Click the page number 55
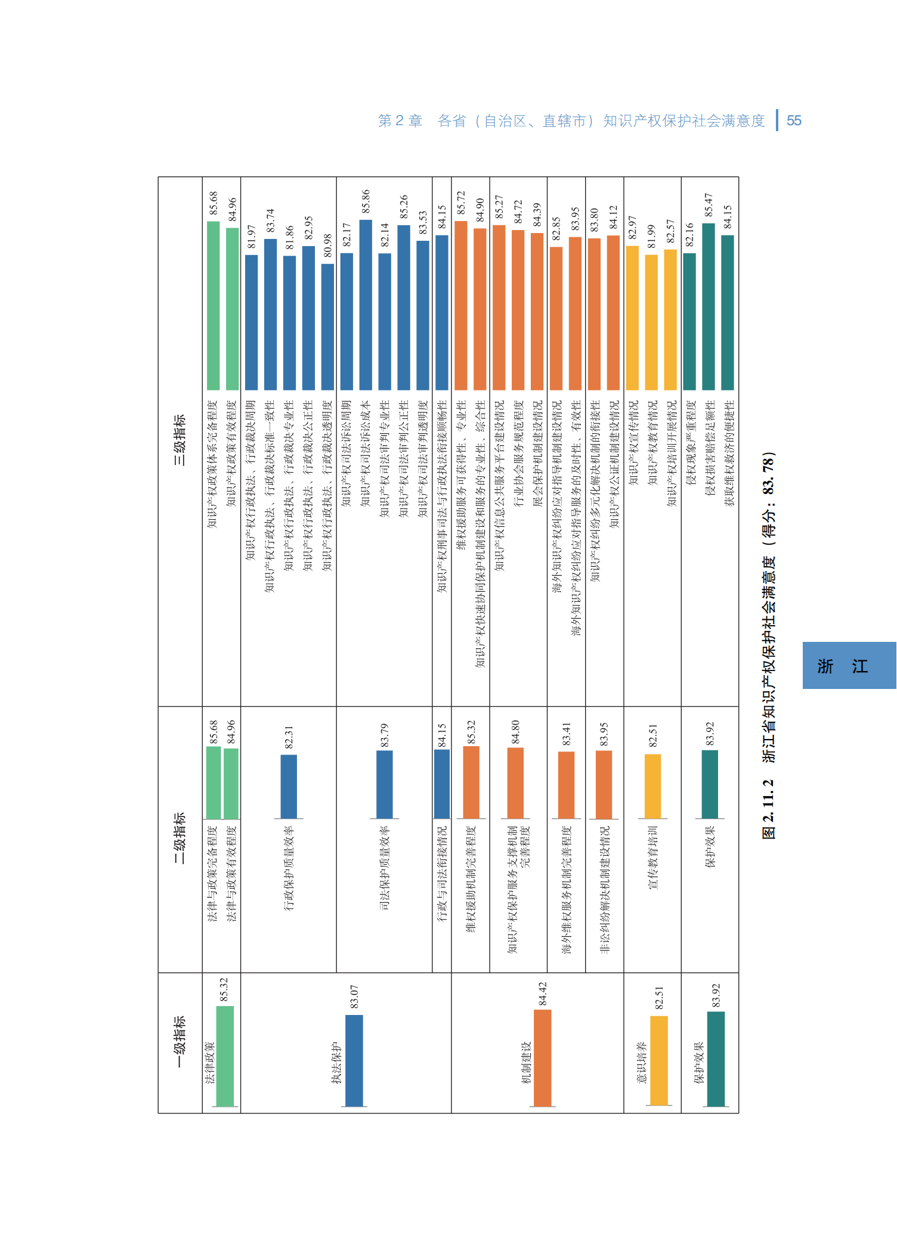coord(794,120)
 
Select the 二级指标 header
coord(180,837)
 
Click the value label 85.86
coord(366,201)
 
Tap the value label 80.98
coord(327,246)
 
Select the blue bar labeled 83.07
coord(354,1060)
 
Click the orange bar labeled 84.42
coord(542,1057)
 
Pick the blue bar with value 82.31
coord(289,786)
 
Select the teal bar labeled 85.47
coord(709,306)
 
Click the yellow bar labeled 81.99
coord(651,322)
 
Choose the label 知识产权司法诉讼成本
coord(366,453)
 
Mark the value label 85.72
coord(461,203)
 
